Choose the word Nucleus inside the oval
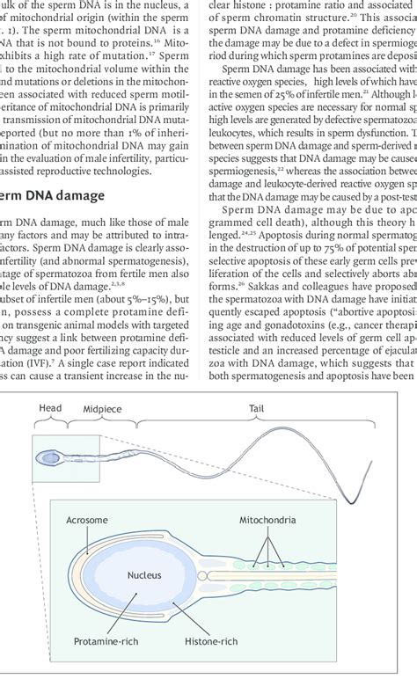coord(141,576)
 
